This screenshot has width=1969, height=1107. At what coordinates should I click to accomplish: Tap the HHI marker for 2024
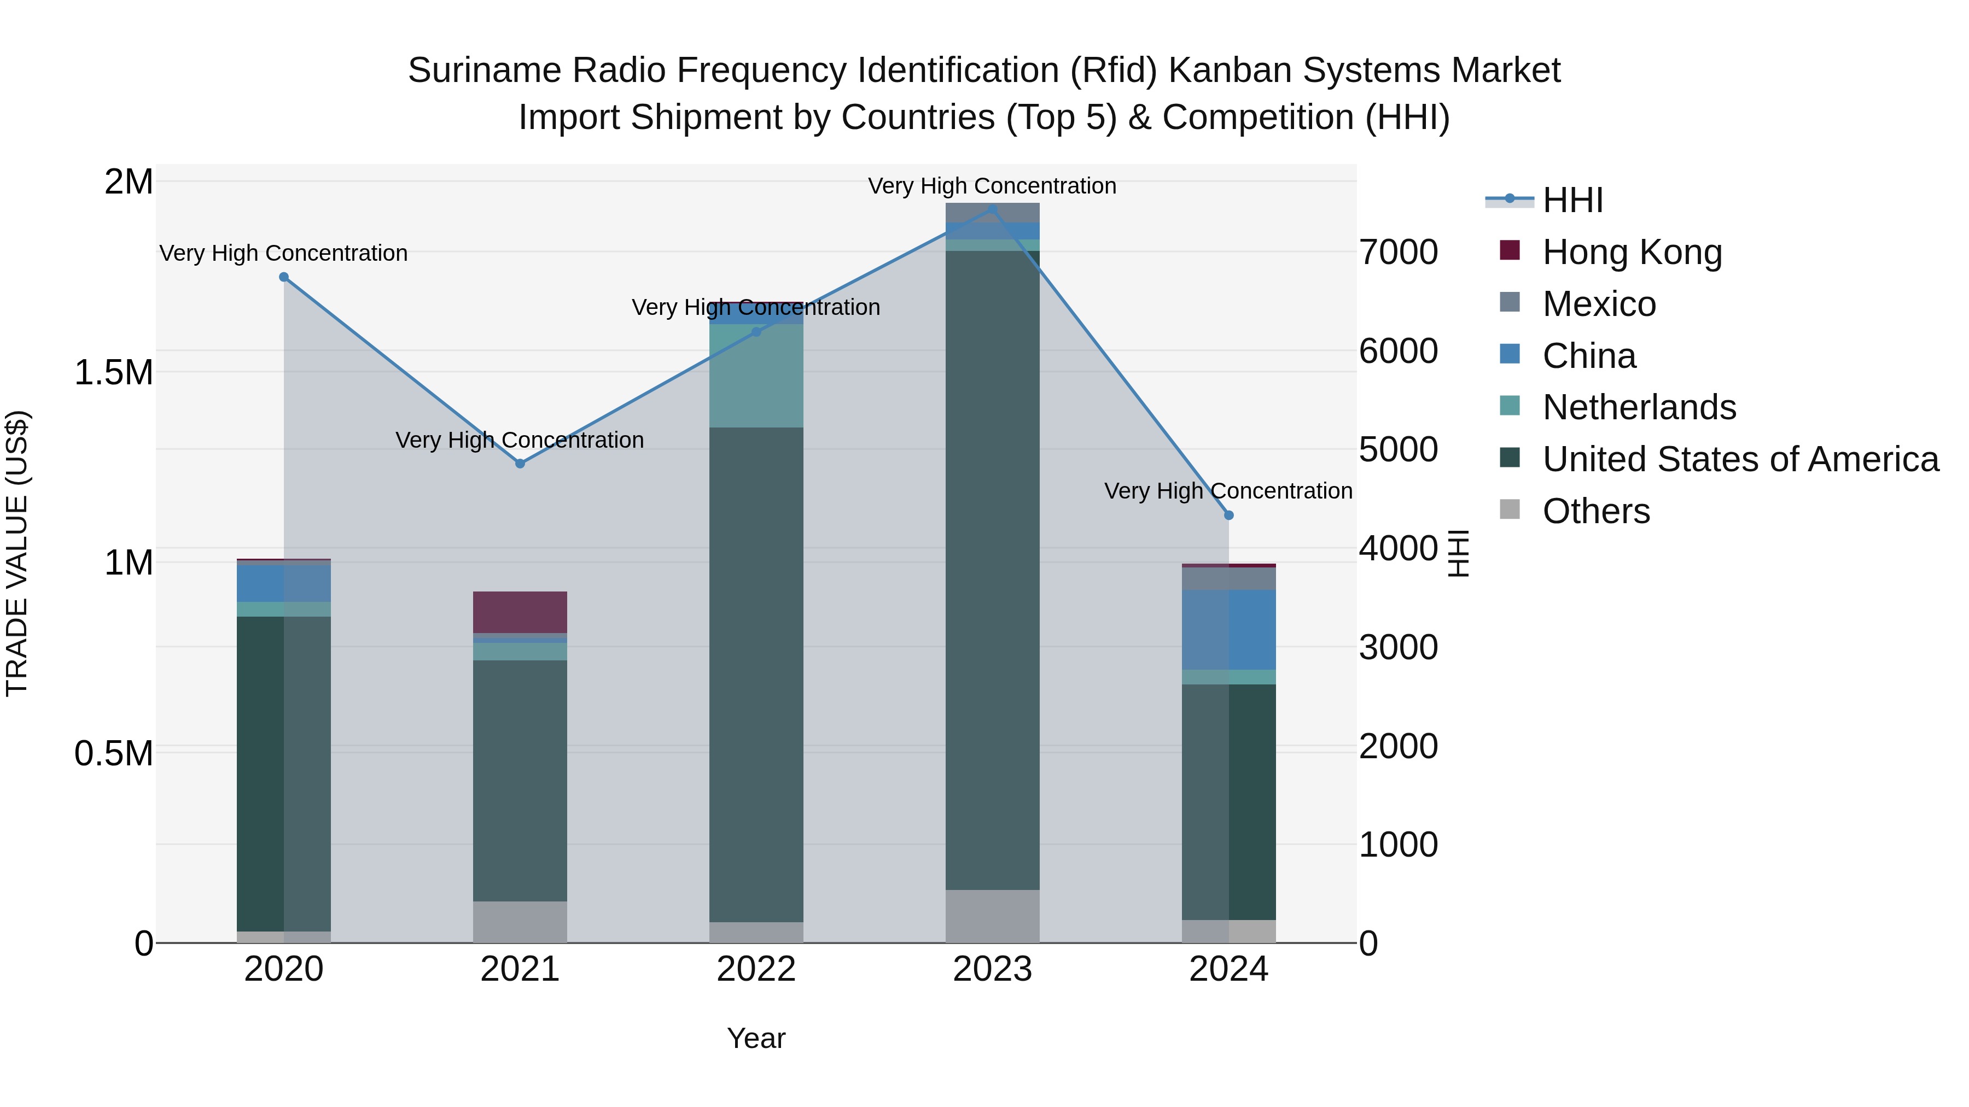(x=1229, y=516)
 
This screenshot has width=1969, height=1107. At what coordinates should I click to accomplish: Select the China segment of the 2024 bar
(x=1229, y=630)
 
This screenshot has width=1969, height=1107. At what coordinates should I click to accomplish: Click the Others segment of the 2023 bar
(x=992, y=916)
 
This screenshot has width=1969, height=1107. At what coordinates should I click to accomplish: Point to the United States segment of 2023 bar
(x=992, y=569)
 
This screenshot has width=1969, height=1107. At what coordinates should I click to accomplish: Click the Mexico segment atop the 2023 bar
(x=992, y=213)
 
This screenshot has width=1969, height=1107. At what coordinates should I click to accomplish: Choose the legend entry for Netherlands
(x=1639, y=407)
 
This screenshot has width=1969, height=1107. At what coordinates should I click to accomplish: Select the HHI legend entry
(x=1572, y=200)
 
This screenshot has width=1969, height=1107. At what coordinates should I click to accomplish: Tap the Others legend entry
(x=1596, y=511)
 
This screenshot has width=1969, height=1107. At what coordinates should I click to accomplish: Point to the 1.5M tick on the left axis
(x=113, y=373)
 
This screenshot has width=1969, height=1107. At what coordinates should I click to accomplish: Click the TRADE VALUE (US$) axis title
(x=17, y=553)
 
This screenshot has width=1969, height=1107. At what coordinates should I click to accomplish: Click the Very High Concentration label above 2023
(x=992, y=186)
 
